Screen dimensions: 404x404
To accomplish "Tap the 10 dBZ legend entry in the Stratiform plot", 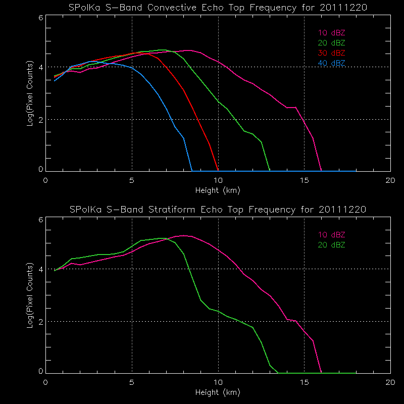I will coord(331,235).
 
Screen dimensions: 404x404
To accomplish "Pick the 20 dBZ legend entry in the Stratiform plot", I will coord(331,245).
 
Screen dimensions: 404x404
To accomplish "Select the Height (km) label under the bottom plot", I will coord(218,392).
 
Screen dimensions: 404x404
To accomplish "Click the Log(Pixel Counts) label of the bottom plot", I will coord(30,295).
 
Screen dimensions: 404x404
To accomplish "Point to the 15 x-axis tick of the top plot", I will coord(304,180).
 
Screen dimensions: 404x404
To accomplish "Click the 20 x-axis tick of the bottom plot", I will coord(390,381).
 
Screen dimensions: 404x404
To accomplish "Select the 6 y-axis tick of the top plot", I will coord(40,17).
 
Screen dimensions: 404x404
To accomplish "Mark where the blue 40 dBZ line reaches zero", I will coord(192,171).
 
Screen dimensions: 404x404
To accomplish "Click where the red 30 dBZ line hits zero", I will coord(218,171).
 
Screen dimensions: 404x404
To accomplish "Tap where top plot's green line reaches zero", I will coord(270,171).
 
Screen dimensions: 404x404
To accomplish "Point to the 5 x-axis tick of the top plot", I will coord(132,180).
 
